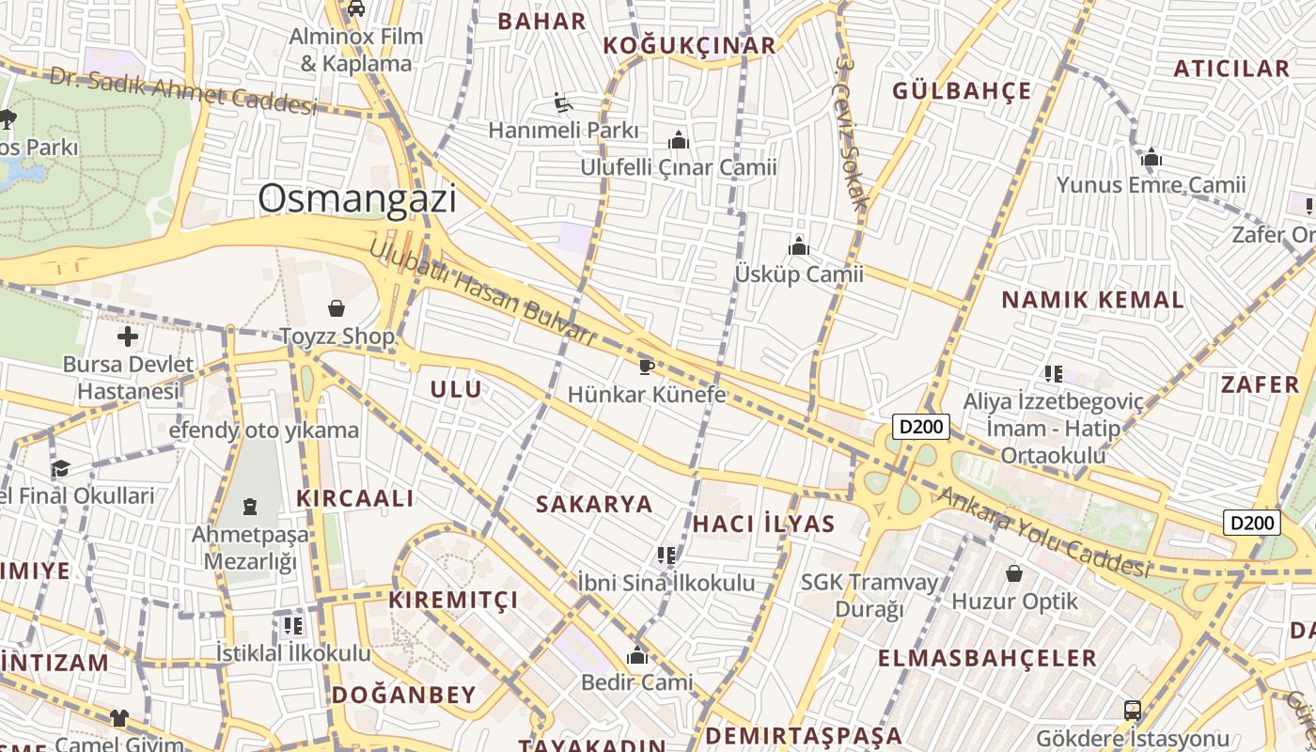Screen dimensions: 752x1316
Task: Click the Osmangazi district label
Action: pos(357,198)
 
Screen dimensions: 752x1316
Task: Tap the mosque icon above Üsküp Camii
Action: pos(799,247)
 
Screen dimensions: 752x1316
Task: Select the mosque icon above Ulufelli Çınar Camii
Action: pos(679,141)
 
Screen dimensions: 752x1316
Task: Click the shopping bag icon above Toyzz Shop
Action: pos(337,307)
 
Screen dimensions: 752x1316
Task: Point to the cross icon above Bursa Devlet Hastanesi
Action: pos(128,337)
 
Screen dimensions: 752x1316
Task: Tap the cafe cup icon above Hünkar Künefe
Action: pos(646,366)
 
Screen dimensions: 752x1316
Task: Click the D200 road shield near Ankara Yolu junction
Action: pos(921,427)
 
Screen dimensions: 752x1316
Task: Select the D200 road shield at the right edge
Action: pos(1252,523)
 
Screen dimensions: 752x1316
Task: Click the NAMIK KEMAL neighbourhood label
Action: pos(1092,300)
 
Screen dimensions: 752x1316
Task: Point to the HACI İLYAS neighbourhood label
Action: pos(763,524)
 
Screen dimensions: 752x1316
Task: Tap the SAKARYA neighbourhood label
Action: pos(594,504)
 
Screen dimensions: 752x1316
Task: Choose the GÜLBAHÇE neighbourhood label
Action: pos(962,91)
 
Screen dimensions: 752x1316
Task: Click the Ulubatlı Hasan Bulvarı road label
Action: pos(481,292)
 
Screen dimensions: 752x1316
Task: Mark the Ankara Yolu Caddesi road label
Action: pos(1043,533)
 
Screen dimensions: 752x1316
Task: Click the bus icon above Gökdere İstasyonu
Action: pos(1133,710)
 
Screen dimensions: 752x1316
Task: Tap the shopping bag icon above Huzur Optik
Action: pos(1014,572)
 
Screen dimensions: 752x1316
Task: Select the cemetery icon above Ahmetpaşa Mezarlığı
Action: pos(250,508)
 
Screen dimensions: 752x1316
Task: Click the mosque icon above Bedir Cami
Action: pos(637,655)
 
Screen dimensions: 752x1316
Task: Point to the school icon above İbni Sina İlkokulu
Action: pos(666,556)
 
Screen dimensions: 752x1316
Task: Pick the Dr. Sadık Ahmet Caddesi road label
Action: pos(183,90)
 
